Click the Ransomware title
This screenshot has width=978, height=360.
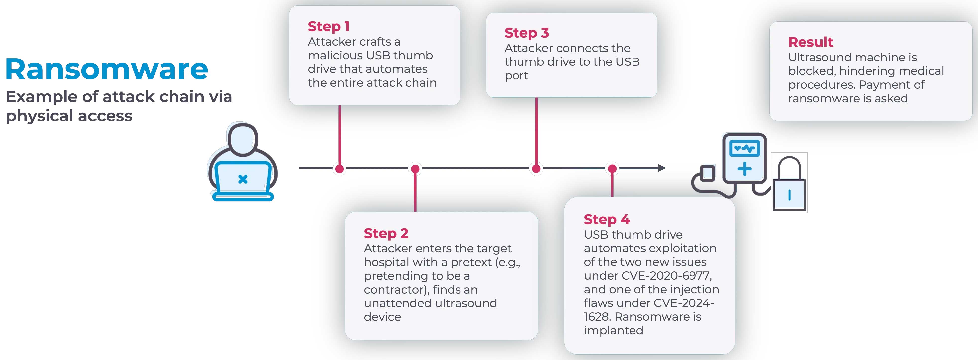coord(107,69)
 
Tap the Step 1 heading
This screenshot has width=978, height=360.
coord(328,27)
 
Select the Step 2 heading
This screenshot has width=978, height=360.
coord(386,233)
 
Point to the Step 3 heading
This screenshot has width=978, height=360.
coord(526,33)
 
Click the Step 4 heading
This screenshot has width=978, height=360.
coord(606,220)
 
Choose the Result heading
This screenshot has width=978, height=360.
coord(810,42)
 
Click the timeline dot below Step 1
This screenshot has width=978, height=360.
coord(340,169)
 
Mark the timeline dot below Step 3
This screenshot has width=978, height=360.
coord(536,169)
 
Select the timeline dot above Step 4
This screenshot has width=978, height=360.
coord(612,169)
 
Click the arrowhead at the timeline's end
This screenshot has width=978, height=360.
coord(661,168)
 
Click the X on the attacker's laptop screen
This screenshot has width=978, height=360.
coord(243,179)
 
